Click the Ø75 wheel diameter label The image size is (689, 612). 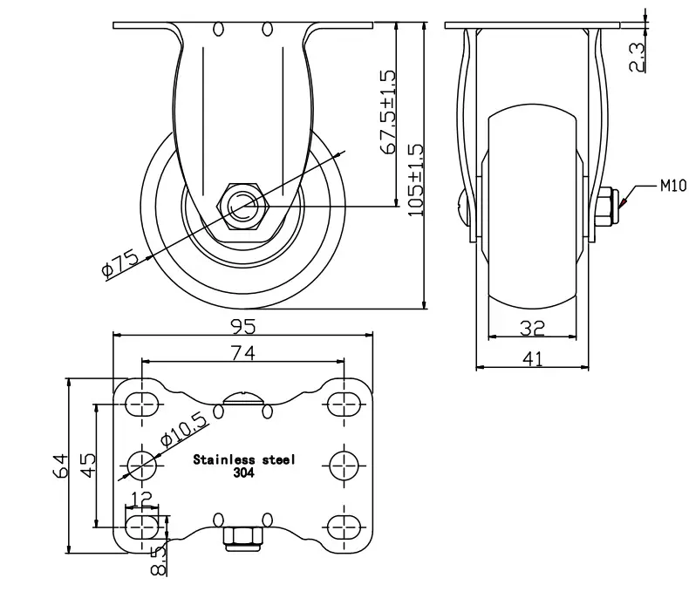coord(120,263)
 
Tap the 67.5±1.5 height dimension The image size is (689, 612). coord(387,112)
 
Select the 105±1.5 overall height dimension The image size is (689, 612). coord(416,180)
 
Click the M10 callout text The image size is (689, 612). coord(673,186)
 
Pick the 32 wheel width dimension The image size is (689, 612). coord(532,328)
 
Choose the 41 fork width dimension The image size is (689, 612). coord(533,359)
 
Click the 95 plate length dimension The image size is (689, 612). coord(243,326)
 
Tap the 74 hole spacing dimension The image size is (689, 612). coord(243,353)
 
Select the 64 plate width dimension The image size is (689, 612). coord(60,466)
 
